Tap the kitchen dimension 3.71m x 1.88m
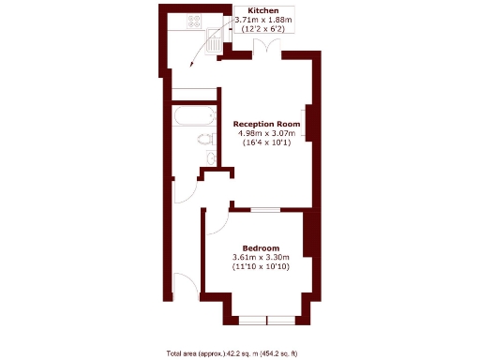(262, 20)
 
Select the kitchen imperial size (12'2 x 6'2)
(262, 30)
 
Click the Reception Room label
(266, 123)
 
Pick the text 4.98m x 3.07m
(267, 133)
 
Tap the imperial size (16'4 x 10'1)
(267, 143)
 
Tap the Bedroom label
(261, 247)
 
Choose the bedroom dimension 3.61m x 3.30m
(261, 258)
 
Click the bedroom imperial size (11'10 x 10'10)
(261, 268)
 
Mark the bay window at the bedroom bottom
(266, 320)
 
